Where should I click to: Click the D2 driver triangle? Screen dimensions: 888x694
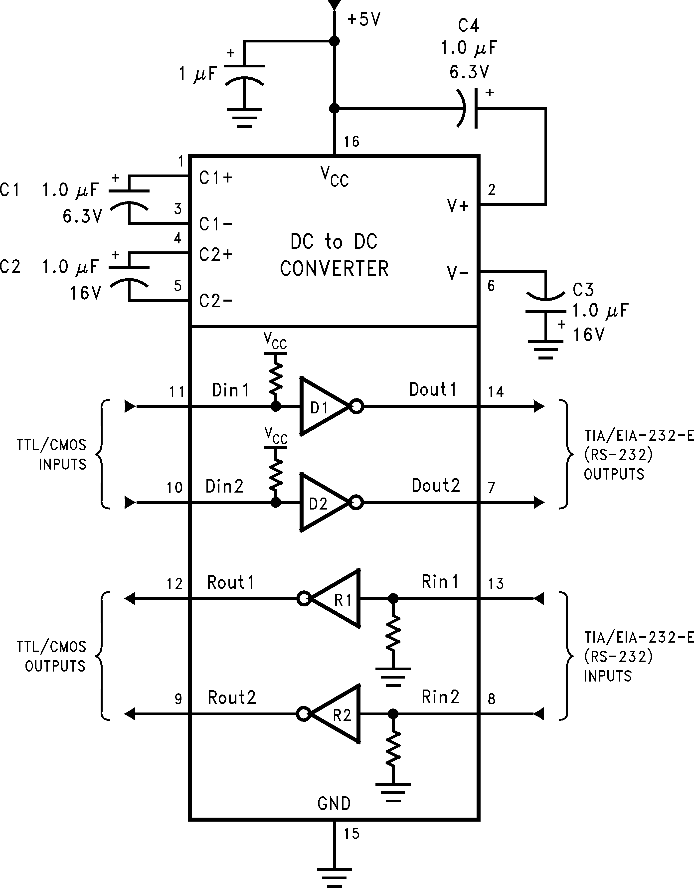pyautogui.click(x=321, y=503)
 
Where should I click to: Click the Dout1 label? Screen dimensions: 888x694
pyautogui.click(x=433, y=389)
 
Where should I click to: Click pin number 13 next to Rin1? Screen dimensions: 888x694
pyautogui.click(x=496, y=584)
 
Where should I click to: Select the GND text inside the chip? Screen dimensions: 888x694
pyautogui.click(x=334, y=804)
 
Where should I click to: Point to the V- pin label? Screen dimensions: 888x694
pyautogui.click(x=458, y=273)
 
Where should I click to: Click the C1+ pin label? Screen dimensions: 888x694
pyautogui.click(x=215, y=178)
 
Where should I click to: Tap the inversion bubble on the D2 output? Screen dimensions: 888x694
pyautogui.click(x=356, y=503)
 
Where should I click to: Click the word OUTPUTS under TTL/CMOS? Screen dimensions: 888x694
pyautogui.click(x=55, y=666)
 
